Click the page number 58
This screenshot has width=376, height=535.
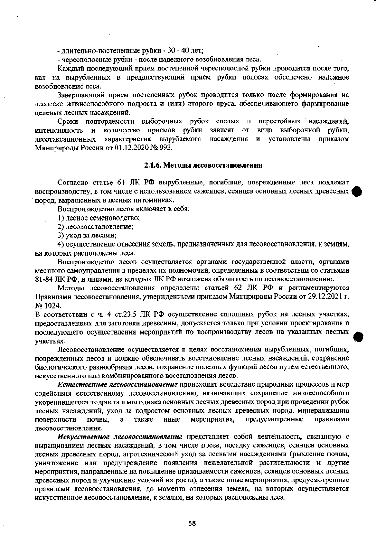tap(192, 523)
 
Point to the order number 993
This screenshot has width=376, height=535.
tap(165, 148)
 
